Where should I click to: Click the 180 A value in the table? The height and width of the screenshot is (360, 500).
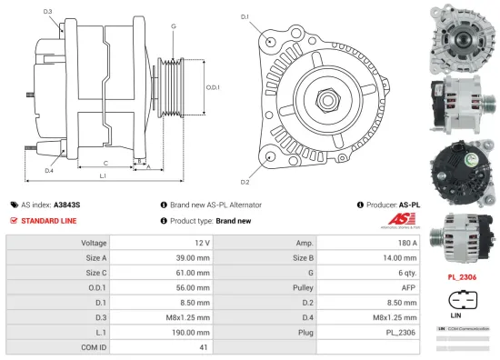[405, 243]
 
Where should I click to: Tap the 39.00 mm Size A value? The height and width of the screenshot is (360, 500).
[192, 257]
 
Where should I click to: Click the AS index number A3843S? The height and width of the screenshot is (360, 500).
[66, 205]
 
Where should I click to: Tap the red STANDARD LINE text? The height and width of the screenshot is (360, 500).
[48, 220]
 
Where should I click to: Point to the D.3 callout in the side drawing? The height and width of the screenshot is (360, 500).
[47, 12]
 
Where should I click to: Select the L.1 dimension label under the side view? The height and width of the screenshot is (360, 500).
[102, 175]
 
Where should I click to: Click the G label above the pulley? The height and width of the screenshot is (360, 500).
[173, 27]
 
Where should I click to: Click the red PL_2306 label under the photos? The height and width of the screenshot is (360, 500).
[463, 275]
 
